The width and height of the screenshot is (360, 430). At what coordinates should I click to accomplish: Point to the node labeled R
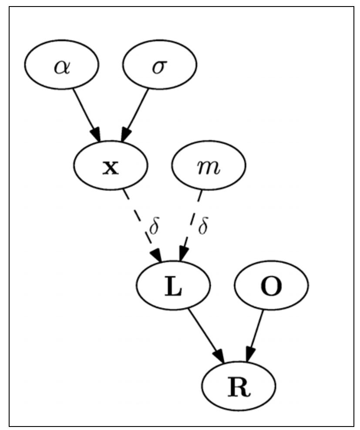239,387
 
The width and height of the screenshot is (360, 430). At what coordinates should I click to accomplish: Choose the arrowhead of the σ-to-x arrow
125,135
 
